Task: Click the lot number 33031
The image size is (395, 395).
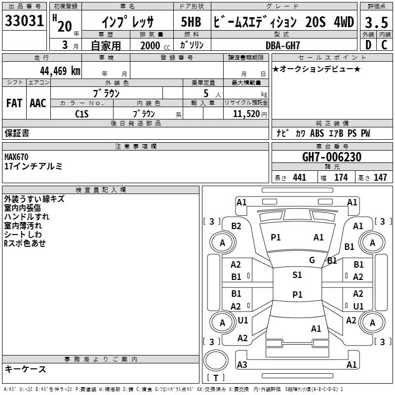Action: click(x=24, y=21)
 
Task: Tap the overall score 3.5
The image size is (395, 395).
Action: click(x=376, y=22)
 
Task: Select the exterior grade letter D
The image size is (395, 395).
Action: click(x=368, y=45)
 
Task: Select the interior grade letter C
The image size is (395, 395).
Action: click(x=384, y=45)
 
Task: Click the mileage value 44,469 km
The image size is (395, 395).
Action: click(x=60, y=71)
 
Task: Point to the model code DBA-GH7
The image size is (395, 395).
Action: click(x=282, y=45)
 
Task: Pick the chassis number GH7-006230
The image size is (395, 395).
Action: click(x=332, y=157)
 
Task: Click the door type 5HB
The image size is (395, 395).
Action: click(x=191, y=22)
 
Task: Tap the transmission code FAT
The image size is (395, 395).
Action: click(x=14, y=103)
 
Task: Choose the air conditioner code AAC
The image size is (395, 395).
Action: click(x=38, y=103)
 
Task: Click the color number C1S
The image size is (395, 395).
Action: click(x=82, y=114)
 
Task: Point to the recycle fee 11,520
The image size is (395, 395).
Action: click(x=246, y=114)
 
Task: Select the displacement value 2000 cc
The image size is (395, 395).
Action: click(x=155, y=45)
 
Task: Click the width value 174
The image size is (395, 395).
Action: click(x=341, y=177)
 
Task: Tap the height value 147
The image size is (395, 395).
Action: click(x=380, y=177)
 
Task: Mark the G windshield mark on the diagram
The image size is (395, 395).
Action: click(x=312, y=260)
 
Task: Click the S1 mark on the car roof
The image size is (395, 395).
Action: click(x=297, y=275)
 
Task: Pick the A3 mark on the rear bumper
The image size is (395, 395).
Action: click(x=242, y=364)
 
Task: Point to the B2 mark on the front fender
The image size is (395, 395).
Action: click(x=237, y=226)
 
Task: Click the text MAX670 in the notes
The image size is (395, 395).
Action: click(x=16, y=157)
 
